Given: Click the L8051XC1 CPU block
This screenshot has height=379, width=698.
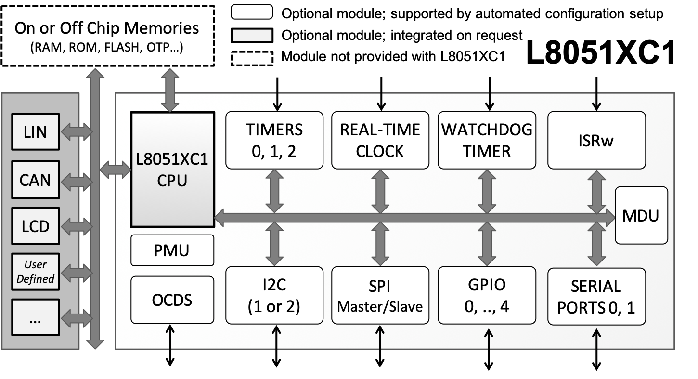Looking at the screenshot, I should (x=172, y=169).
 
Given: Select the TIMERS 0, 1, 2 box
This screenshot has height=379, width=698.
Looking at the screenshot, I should (x=274, y=140).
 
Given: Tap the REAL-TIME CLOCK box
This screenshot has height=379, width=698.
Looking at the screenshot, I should (x=380, y=140).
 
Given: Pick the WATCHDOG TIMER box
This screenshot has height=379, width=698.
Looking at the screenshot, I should (x=487, y=140).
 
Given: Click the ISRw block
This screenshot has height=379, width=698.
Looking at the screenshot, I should (x=596, y=140).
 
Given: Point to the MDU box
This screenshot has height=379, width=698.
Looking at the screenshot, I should (x=642, y=216).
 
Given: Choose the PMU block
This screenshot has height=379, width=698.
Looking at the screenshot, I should (x=172, y=250).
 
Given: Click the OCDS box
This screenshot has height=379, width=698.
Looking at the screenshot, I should (x=172, y=300).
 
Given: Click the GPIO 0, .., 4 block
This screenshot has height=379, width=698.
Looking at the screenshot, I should (x=487, y=295).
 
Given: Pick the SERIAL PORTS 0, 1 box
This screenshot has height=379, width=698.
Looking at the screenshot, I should (x=596, y=296).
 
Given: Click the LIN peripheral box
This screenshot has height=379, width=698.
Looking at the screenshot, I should (x=35, y=131).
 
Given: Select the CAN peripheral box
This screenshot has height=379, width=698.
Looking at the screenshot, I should (x=35, y=180).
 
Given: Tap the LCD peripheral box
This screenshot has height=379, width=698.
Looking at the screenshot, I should (x=35, y=225).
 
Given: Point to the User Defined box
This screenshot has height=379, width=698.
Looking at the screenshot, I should (x=35, y=271).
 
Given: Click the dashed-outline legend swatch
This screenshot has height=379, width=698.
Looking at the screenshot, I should (x=252, y=59).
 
